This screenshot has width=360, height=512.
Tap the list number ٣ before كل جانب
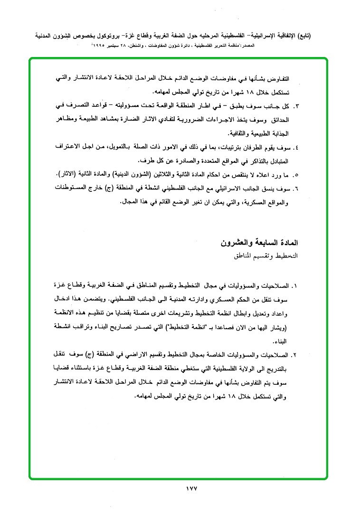[296, 105]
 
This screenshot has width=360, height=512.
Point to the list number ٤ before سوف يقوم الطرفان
[296, 147]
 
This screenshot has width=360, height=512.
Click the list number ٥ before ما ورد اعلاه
[296, 174]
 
